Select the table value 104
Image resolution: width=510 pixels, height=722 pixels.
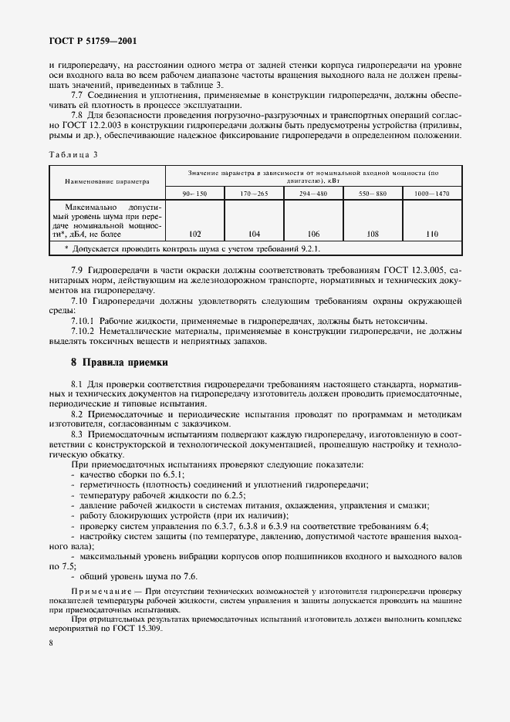coord(254,232)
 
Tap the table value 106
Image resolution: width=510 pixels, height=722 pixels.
coord(314,232)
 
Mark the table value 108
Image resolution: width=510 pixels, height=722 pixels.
coord(374,232)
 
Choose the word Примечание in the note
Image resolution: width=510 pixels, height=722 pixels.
coord(99,589)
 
